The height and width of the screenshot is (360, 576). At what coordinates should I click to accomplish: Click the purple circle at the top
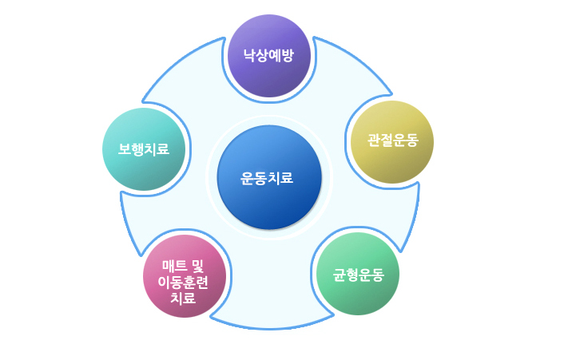pyautogui.click(x=269, y=56)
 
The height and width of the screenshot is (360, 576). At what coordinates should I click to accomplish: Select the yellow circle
pyautogui.click(x=392, y=141)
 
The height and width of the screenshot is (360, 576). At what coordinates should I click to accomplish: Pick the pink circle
pyautogui.click(x=185, y=276)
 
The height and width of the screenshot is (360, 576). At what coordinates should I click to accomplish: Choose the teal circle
pyautogui.click(x=145, y=149)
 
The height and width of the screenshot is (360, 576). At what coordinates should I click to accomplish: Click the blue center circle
pyautogui.click(x=268, y=177)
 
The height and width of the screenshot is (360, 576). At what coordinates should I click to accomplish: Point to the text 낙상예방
pyautogui.click(x=269, y=56)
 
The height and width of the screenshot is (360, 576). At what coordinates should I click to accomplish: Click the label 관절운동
pyautogui.click(x=392, y=141)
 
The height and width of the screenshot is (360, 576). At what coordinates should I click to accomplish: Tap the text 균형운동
pyautogui.click(x=359, y=275)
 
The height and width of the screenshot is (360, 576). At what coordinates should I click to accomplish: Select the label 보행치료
pyautogui.click(x=145, y=149)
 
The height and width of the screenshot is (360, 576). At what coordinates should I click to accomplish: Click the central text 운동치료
pyautogui.click(x=268, y=178)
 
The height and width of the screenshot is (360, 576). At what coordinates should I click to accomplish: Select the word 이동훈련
pyautogui.click(x=184, y=283)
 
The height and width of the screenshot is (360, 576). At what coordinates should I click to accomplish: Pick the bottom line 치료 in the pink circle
pyautogui.click(x=184, y=299)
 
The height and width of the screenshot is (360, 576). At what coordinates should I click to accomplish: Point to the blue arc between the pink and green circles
pyautogui.click(x=272, y=326)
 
